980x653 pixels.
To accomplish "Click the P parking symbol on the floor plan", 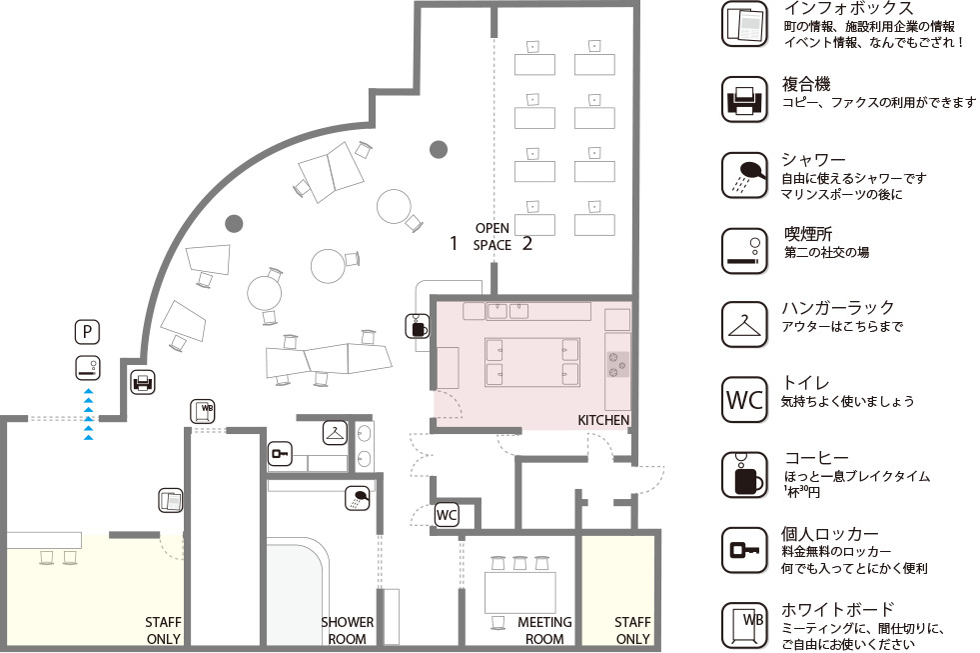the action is (x=88, y=332).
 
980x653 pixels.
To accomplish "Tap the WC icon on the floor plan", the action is (x=447, y=515).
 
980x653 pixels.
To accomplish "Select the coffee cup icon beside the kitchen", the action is (x=417, y=326).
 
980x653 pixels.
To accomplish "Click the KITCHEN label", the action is (x=603, y=420).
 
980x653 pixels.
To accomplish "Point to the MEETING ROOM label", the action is (x=544, y=630).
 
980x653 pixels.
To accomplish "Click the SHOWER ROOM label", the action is (x=347, y=630).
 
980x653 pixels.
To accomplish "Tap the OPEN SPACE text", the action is (x=491, y=236).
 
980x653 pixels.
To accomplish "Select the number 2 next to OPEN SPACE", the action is (x=526, y=243).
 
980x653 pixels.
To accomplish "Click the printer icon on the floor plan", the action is (x=143, y=382).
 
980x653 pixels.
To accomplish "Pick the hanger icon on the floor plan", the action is (x=335, y=433).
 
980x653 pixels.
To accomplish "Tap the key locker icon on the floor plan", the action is (x=280, y=454).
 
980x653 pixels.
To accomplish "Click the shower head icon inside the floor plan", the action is (x=358, y=499).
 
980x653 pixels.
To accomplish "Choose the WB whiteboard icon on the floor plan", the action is (x=203, y=411).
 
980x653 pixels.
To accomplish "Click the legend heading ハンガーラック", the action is (x=838, y=308).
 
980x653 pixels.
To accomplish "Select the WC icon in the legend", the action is (x=744, y=400).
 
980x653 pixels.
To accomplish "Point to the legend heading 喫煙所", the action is (x=808, y=234).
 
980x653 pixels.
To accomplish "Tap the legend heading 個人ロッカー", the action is (x=830, y=534).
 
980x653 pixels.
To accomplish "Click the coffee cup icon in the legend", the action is (x=744, y=475).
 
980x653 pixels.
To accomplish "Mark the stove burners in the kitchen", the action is (x=617, y=364).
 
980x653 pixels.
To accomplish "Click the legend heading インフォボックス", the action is (x=848, y=8).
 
